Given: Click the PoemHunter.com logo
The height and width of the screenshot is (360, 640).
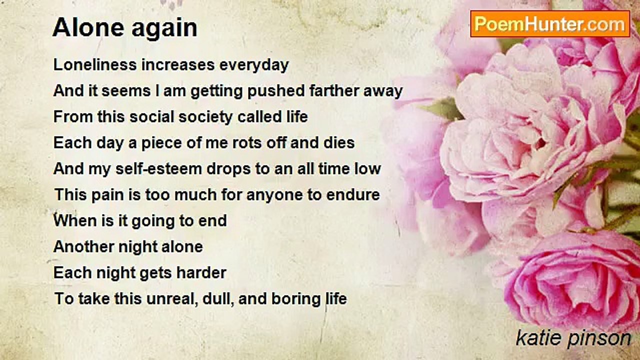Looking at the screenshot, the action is click(x=550, y=24).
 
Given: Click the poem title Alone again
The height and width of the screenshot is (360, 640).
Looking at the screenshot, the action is click(x=125, y=27).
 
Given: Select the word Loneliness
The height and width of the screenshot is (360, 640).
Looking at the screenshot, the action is click(x=95, y=64).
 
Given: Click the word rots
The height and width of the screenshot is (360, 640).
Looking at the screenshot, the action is click(x=247, y=143).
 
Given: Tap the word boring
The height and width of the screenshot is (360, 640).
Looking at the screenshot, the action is click(x=295, y=299).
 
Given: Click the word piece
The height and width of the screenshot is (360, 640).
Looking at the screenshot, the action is click(x=161, y=143).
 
